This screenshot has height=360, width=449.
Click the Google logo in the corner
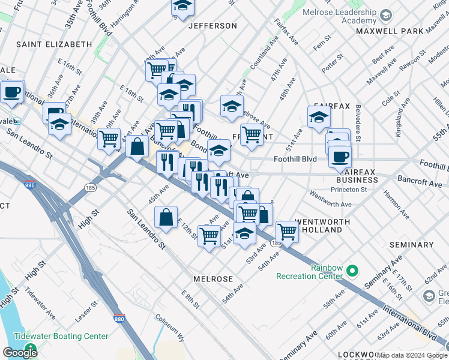point(20,352)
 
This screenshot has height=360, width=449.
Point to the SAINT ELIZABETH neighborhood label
point(53,44)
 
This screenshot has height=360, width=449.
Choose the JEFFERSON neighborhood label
point(212,26)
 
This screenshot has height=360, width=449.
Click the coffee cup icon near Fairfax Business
point(339,157)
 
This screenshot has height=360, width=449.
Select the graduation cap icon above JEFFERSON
point(182,7)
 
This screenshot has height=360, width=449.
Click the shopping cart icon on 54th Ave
point(288,231)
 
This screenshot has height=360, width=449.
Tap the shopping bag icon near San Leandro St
point(166,218)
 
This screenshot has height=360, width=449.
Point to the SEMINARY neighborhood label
point(411,245)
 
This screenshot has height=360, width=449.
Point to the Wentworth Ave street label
point(330,199)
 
